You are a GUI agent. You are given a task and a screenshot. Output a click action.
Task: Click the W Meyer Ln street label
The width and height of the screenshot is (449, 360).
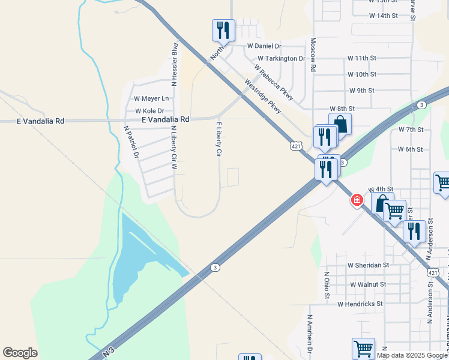tap(151, 98)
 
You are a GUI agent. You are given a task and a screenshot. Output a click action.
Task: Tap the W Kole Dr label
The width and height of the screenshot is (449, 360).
tap(149, 111)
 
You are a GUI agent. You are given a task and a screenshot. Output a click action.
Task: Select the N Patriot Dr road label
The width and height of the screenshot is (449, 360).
tap(131, 142)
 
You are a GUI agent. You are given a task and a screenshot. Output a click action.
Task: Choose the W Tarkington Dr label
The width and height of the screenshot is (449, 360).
tap(277, 59)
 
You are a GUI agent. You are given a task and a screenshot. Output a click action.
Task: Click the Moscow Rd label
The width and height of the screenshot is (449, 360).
tap(313, 55)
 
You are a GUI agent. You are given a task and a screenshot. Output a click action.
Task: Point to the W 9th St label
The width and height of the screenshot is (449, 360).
tap(361, 91)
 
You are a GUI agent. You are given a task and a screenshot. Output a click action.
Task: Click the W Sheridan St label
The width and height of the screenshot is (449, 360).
tap(368, 265)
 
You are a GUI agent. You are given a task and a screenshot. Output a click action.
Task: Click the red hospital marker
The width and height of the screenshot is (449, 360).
tap(357, 200)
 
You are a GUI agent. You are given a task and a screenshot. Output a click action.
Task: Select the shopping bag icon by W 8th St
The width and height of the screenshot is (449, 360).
tap(340, 125)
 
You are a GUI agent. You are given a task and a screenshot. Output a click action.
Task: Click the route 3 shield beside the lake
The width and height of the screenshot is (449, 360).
tap(214, 268)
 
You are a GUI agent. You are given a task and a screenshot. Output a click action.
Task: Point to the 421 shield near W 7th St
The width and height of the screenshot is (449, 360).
tap(296, 146)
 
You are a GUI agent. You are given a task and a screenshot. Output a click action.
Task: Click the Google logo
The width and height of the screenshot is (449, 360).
tap(20, 353)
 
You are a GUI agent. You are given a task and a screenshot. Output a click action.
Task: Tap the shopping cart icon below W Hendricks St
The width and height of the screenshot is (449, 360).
tap(363, 349)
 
